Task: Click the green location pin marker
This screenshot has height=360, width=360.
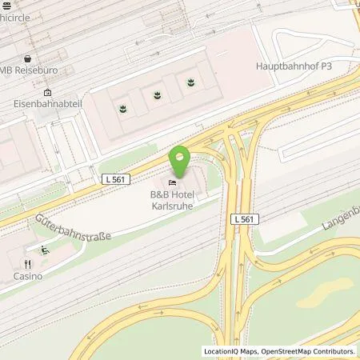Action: click(182, 159)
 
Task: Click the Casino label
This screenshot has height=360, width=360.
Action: click(27, 276)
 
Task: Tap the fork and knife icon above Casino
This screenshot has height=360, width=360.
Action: click(26, 263)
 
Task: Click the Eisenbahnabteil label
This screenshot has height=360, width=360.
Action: click(47, 104)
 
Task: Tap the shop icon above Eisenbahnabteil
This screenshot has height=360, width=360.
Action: click(47, 92)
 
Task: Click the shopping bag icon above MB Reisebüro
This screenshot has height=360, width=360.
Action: click(26, 59)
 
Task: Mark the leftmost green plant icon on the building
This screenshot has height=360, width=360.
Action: click(122, 106)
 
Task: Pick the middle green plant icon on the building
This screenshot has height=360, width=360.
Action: click(156, 94)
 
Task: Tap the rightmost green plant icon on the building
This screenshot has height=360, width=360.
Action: click(190, 82)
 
